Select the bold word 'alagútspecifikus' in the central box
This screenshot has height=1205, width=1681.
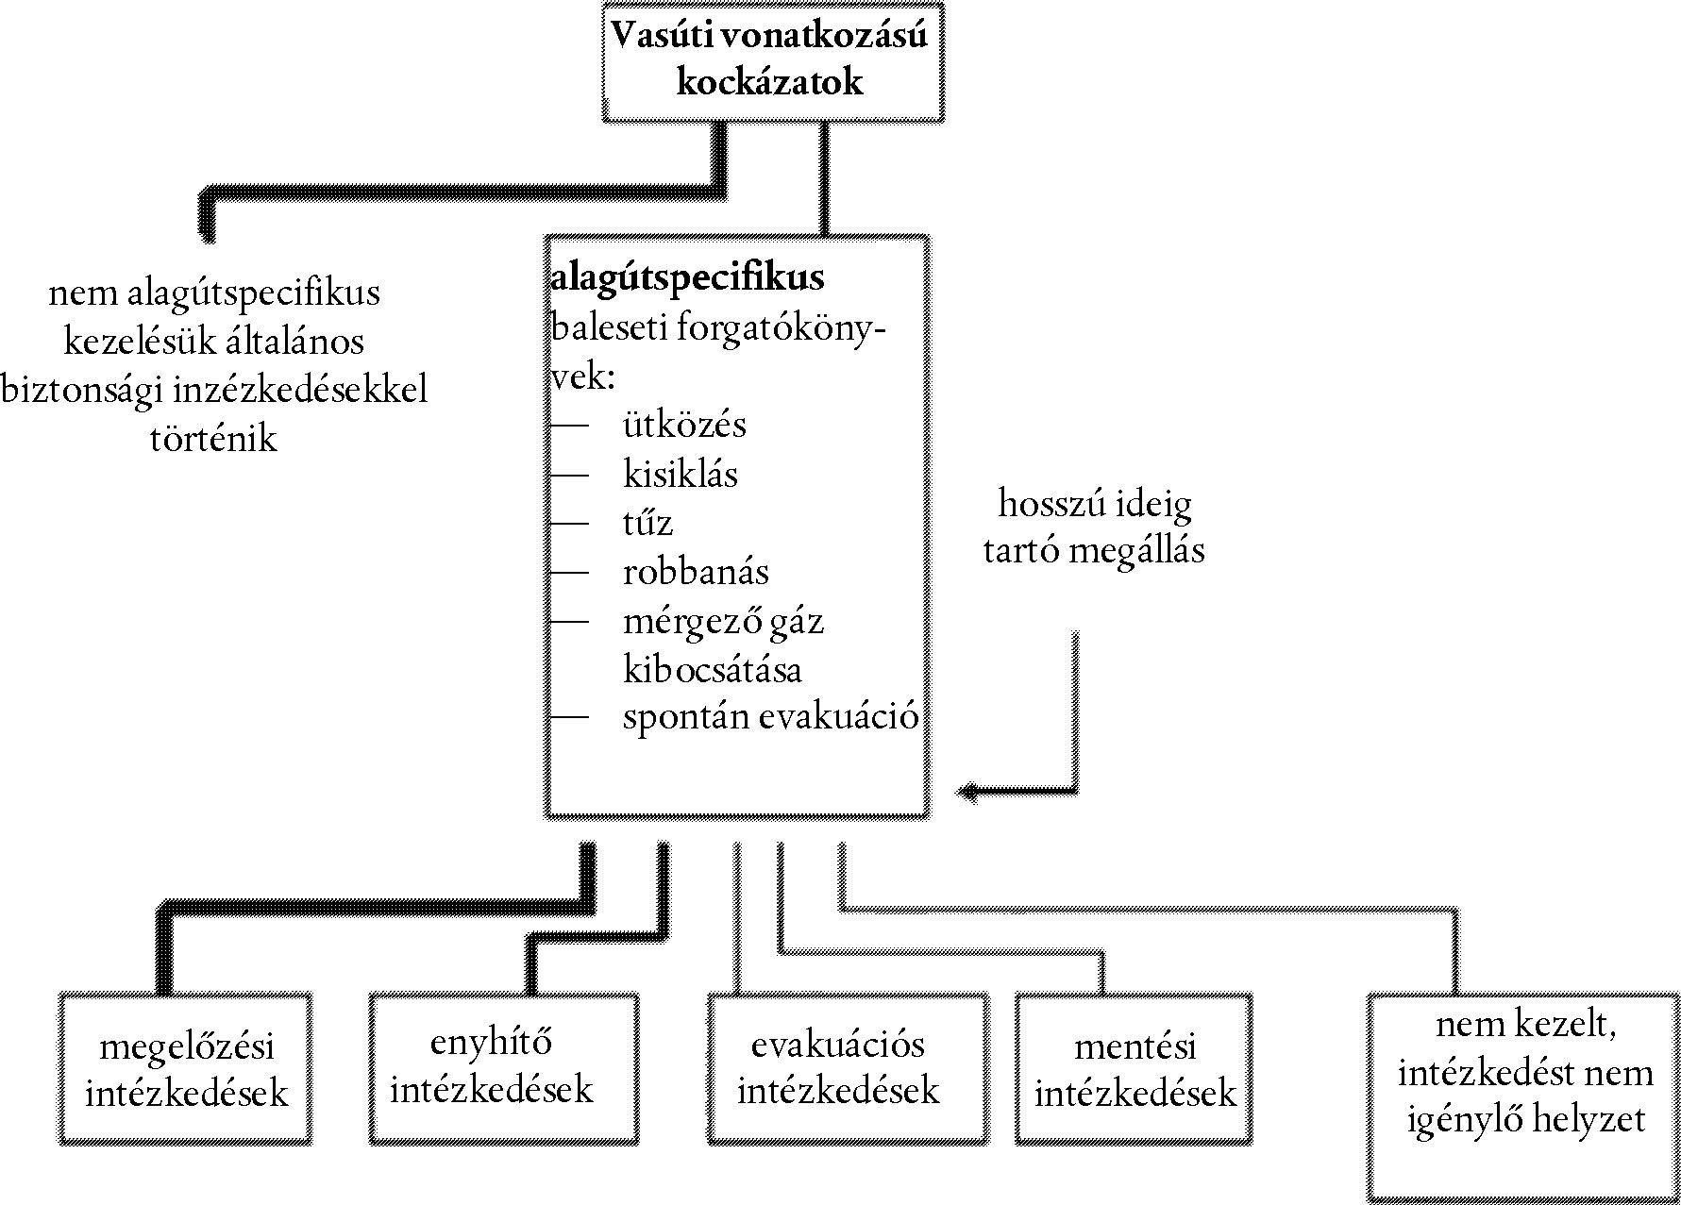click(x=687, y=277)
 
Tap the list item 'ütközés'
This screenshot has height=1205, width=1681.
click(x=684, y=425)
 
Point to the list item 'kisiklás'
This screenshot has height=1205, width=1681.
click(x=680, y=474)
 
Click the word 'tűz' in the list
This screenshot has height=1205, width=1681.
click(x=647, y=523)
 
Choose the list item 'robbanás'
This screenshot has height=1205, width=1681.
click(x=696, y=572)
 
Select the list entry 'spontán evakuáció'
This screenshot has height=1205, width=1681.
click(x=770, y=717)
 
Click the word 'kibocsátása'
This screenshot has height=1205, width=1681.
click(x=713, y=670)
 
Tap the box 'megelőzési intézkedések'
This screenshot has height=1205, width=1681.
click(x=186, y=1069)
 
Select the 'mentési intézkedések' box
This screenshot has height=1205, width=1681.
click(x=1135, y=1069)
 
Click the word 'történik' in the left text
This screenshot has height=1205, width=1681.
click(x=213, y=439)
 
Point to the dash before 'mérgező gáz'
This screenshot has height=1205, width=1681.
click(x=570, y=621)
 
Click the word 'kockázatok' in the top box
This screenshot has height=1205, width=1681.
click(x=770, y=83)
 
